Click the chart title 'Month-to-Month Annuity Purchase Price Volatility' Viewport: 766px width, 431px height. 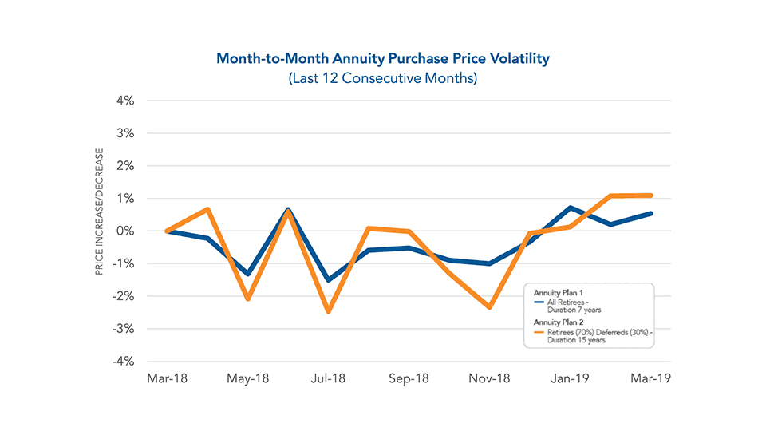click(x=383, y=59)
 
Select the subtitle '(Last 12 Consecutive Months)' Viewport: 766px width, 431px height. click(x=383, y=79)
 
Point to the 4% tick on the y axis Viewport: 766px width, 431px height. click(x=125, y=101)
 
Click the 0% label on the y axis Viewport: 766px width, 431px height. click(x=125, y=231)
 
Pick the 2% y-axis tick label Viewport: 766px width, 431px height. click(x=125, y=166)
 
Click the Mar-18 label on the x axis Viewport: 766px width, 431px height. click(x=167, y=378)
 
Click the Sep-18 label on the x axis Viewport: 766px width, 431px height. click(x=409, y=378)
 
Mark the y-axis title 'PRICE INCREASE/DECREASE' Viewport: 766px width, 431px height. click(x=100, y=211)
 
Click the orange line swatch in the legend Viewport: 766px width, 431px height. click(x=538, y=330)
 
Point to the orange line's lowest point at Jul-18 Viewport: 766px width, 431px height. click(x=329, y=311)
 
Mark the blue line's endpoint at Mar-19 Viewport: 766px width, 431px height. click(x=651, y=213)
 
